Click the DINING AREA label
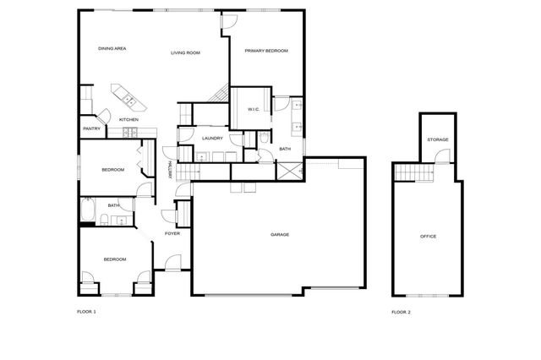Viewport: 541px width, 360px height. [x=112, y=49]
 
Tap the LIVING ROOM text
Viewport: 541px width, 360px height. [x=185, y=52]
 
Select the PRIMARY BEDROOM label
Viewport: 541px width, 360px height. [x=266, y=51]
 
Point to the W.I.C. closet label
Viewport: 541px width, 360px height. [x=254, y=110]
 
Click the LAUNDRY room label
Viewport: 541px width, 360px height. [x=212, y=138]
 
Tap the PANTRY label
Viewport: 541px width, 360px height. [x=92, y=128]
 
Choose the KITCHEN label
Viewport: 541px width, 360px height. [x=128, y=120]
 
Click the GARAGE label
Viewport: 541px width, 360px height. [x=280, y=234]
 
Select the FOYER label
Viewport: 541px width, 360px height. [x=172, y=234]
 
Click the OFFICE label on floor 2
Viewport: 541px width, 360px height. [x=429, y=237]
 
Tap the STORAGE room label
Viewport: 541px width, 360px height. [x=437, y=139]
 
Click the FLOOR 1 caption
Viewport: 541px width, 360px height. [x=86, y=312]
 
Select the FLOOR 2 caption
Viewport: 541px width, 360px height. [x=401, y=313]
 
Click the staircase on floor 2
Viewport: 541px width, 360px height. [x=413, y=173]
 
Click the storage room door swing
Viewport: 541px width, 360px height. [x=440, y=157]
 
